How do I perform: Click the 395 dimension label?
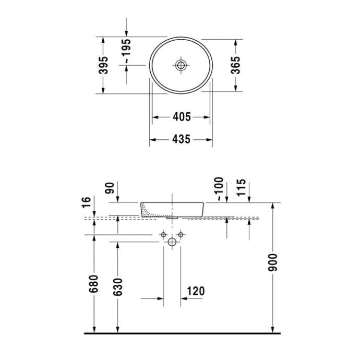(x=103, y=65)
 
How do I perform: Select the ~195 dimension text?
(x=127, y=51)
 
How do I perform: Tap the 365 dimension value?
(x=235, y=65)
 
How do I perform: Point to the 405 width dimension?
(x=182, y=117)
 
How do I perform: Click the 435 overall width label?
(x=182, y=139)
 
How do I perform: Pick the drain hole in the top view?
(x=181, y=65)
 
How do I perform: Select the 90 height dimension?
(x=110, y=188)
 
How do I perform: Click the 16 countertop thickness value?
(x=86, y=202)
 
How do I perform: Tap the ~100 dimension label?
(x=219, y=189)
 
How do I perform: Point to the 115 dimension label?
(x=241, y=188)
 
